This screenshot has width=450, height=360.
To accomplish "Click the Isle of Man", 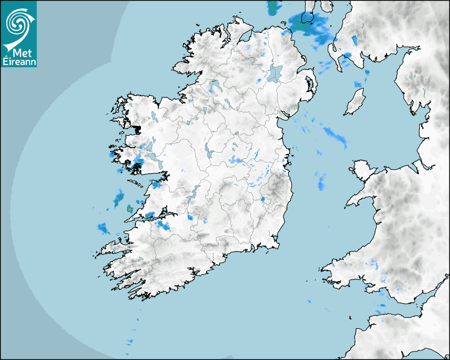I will [355, 102].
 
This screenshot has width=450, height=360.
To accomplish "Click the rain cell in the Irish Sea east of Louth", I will [336, 136].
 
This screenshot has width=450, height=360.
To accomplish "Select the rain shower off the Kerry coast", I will [103, 229].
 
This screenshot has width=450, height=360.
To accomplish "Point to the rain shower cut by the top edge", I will [274, 6].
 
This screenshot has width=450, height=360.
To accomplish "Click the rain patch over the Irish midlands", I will [237, 160].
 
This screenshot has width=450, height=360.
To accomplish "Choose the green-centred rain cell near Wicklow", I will [263, 200].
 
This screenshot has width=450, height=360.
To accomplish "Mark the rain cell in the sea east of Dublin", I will [321, 182].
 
